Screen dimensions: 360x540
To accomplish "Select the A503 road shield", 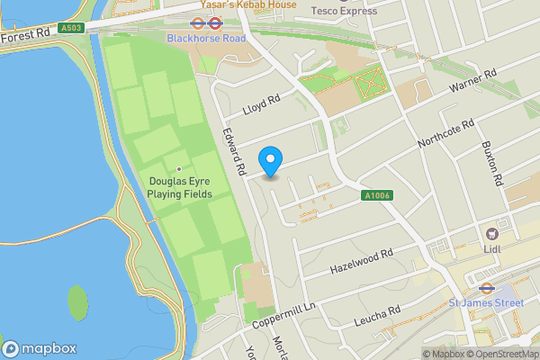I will point(72,29).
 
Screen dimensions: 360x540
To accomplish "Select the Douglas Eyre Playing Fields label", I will point(180,186).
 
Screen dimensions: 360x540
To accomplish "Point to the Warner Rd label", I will point(473,82).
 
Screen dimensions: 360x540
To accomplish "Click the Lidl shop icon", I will point(492,232).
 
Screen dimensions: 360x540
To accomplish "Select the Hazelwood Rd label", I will point(363,260).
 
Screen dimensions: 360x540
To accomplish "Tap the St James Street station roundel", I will point(485,290).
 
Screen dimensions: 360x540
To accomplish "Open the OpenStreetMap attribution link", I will point(501,354).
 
